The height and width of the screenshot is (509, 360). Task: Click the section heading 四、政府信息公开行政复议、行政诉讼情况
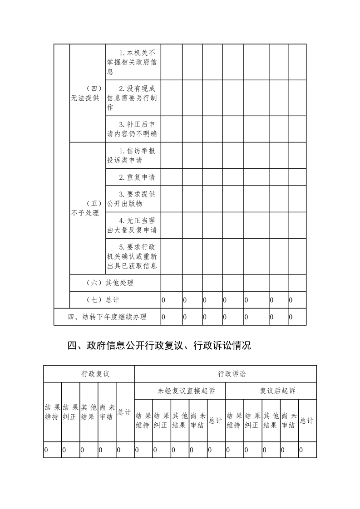click(x=159, y=346)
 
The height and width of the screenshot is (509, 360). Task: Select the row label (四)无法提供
click(x=87, y=93)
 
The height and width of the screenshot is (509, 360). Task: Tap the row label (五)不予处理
click(x=87, y=208)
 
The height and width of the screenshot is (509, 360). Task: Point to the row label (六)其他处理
click(x=110, y=283)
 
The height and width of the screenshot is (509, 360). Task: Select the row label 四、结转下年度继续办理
click(x=107, y=317)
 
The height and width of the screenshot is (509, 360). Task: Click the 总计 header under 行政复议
click(x=125, y=412)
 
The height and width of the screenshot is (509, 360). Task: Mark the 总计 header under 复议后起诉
click(x=307, y=421)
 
